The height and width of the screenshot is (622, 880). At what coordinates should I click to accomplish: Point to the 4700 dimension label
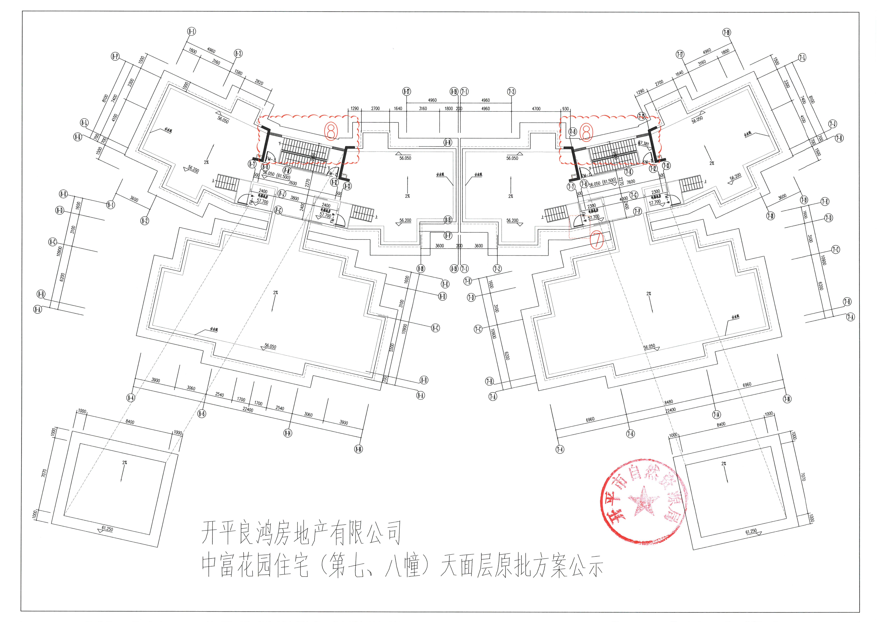[x=536, y=109]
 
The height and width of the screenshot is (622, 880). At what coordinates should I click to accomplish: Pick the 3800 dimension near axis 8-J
[x=294, y=198]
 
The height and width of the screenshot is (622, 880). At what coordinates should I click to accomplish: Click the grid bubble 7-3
[x=511, y=92]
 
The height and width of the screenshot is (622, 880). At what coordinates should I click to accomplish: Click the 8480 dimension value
[x=669, y=402]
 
